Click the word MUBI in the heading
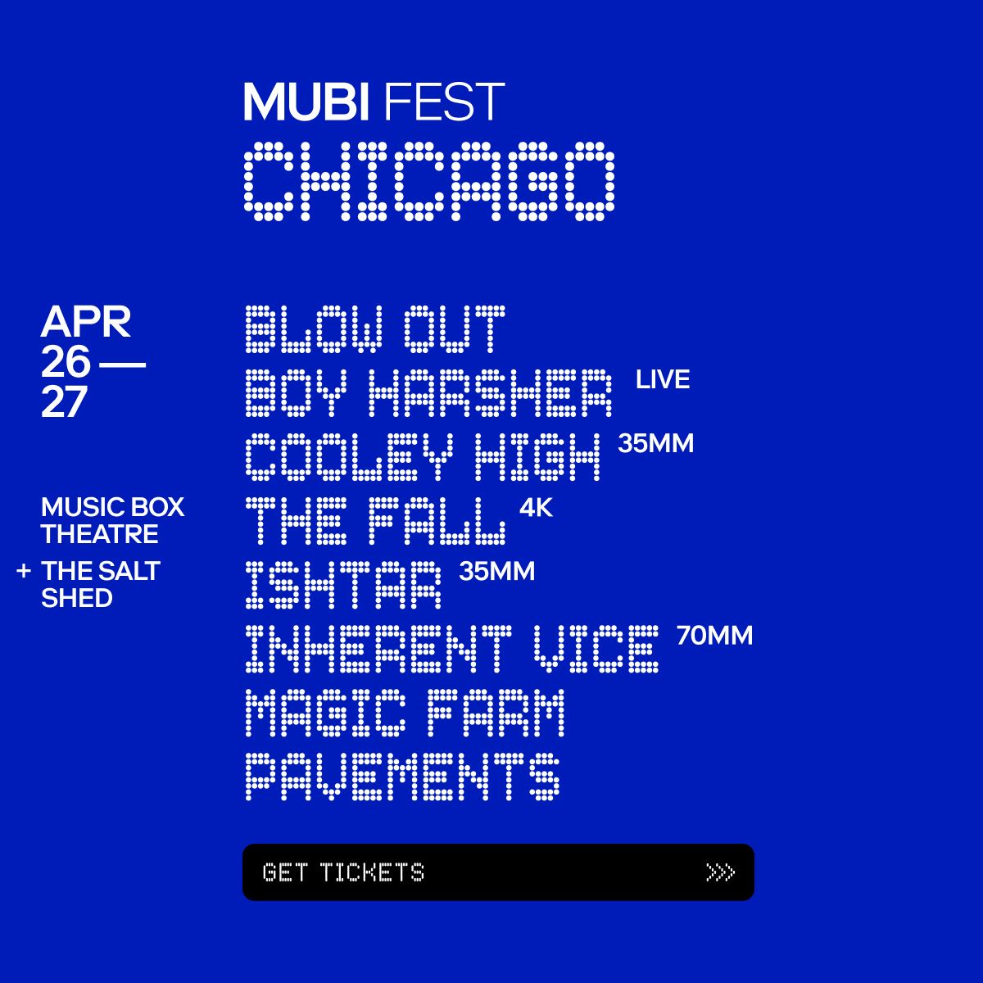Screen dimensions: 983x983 (x=306, y=102)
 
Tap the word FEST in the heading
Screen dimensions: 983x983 (x=444, y=102)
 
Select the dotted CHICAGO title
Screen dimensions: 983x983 (x=429, y=181)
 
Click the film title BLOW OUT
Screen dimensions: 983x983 (x=375, y=329)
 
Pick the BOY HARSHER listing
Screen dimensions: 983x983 (x=428, y=393)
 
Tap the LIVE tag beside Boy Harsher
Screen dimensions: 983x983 (x=663, y=379)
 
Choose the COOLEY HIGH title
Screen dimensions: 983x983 (x=423, y=456)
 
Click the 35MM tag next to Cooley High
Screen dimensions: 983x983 (x=656, y=443)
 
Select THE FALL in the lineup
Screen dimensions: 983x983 (x=375, y=520)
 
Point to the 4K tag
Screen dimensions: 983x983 (x=537, y=508)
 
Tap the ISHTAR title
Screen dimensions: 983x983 (x=342, y=584)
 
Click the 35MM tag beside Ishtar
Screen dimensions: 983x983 (x=497, y=571)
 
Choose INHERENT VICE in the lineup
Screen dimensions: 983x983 (x=452, y=648)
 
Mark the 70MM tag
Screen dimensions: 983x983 (x=714, y=635)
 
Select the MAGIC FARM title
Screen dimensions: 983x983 (x=405, y=712)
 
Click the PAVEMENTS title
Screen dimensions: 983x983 (x=402, y=776)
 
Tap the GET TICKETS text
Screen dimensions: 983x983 (x=343, y=872)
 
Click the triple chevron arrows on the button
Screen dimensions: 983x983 (x=720, y=872)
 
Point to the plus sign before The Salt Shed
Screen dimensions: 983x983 (x=24, y=570)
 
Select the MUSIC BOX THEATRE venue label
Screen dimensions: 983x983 (x=113, y=520)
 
